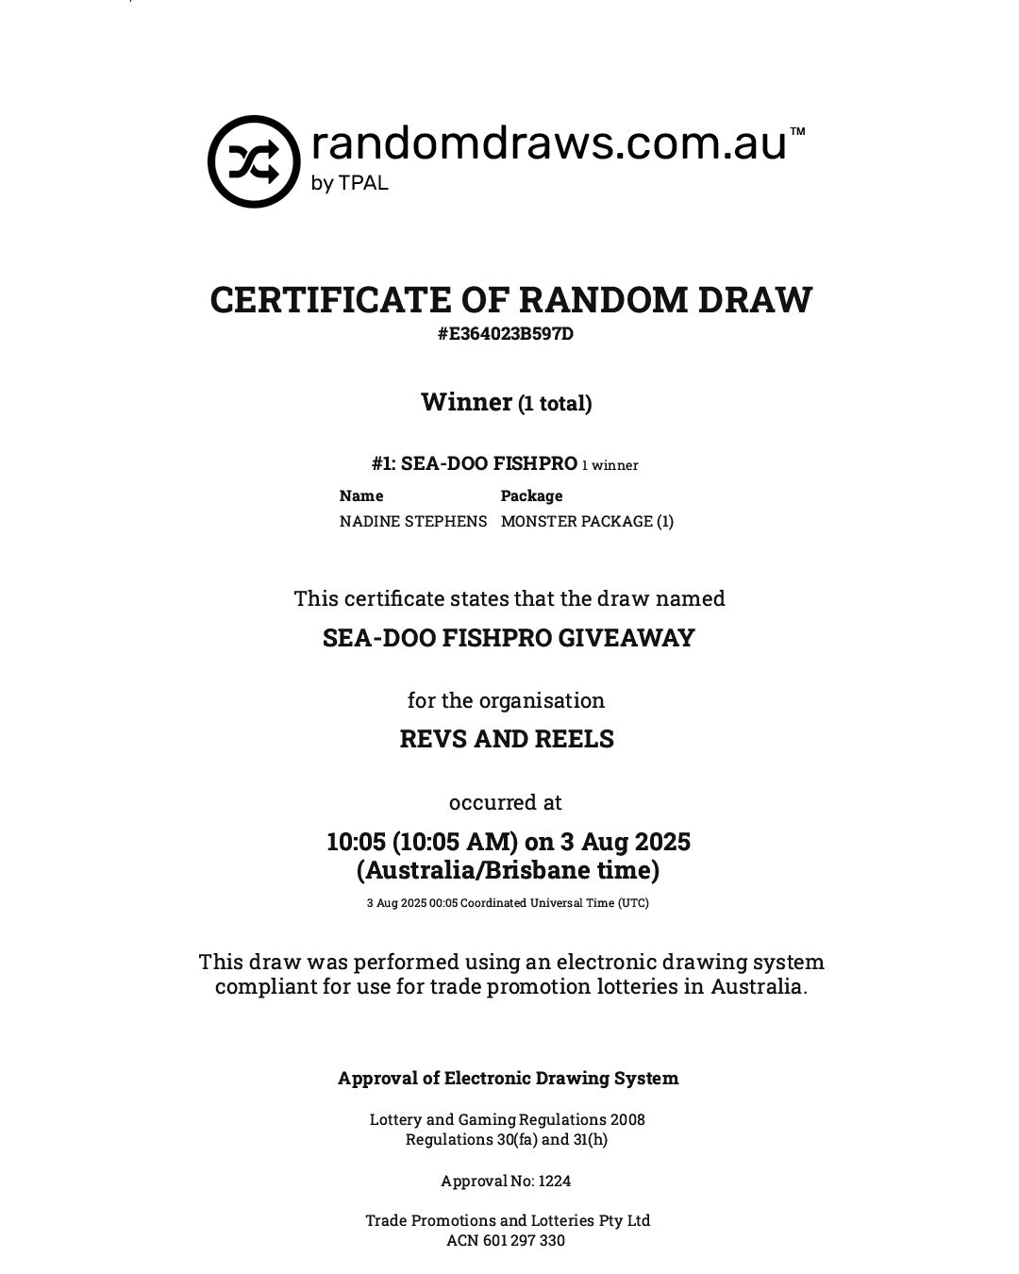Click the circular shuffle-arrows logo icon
point(254,161)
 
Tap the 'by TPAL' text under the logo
point(349,183)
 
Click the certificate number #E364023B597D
point(506,334)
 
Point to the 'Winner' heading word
point(466,402)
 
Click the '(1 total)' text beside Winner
point(555,404)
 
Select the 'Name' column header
point(361,495)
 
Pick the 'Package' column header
point(531,495)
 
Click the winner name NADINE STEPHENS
point(413,521)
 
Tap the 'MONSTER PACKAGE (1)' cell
point(587,521)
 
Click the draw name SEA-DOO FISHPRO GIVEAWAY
point(509,638)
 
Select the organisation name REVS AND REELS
point(507,739)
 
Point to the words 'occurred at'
point(506,802)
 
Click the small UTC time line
point(508,903)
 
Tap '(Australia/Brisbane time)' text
point(508,870)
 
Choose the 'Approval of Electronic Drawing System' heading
point(508,1078)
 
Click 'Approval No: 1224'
point(506,1181)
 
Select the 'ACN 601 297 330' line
point(506,1240)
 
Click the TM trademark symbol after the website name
point(797,132)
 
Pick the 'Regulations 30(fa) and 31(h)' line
point(507,1139)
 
